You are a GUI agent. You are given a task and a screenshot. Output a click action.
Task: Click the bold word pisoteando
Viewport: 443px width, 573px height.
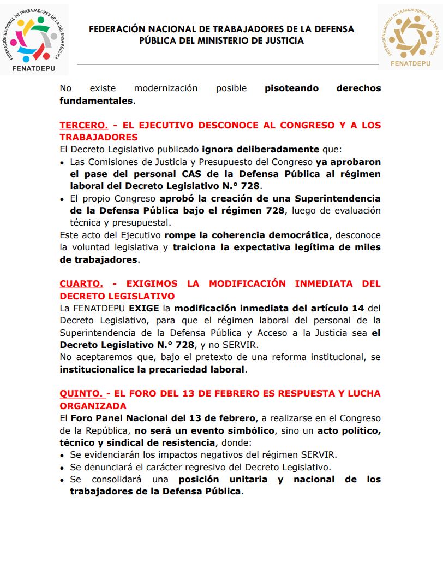click(x=291, y=88)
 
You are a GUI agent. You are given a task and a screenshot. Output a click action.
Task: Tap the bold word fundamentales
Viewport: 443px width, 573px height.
click(x=96, y=101)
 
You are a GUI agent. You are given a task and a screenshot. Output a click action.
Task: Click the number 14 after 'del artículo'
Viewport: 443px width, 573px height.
click(x=358, y=309)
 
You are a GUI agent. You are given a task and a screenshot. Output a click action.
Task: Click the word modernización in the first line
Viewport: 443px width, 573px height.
click(x=166, y=88)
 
